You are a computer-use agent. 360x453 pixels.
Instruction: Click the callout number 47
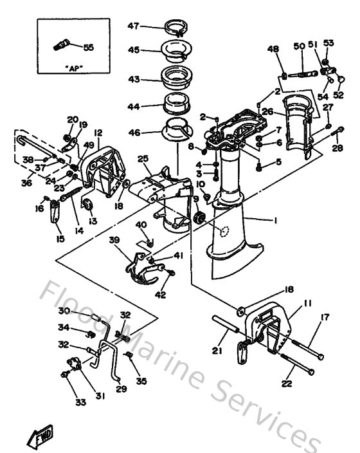tap(133, 26)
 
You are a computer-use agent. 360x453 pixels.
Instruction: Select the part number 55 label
tap(89, 47)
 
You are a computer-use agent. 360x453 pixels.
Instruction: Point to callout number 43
tap(133, 80)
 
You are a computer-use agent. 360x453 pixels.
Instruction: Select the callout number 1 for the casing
tap(274, 221)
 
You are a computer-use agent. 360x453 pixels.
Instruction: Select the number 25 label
tap(143, 159)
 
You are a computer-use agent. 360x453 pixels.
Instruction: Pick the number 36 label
tap(26, 183)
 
